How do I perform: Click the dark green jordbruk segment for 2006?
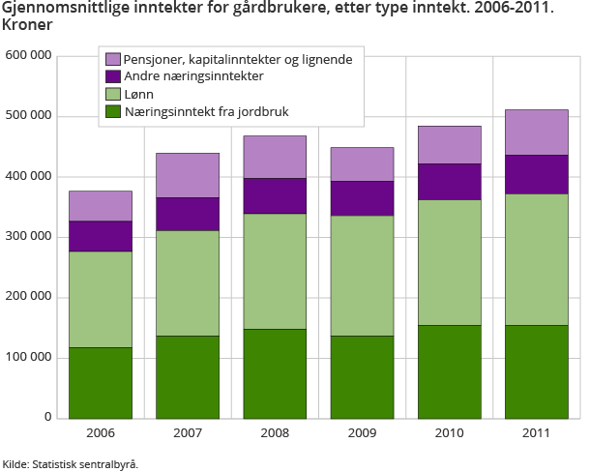coord(101,382)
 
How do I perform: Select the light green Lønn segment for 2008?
coord(275,271)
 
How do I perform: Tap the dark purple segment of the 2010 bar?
coord(450,182)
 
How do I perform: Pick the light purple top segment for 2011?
coord(536,133)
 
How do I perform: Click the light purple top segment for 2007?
coord(188,175)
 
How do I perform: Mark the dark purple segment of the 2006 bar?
coord(101,236)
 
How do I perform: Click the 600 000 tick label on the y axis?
coord(28,56)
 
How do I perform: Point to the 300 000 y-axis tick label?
coord(28,237)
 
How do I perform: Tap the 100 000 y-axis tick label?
coord(28,358)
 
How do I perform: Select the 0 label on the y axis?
coord(47,418)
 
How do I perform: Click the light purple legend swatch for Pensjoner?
coord(113,59)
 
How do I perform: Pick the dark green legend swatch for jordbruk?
coord(113,112)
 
